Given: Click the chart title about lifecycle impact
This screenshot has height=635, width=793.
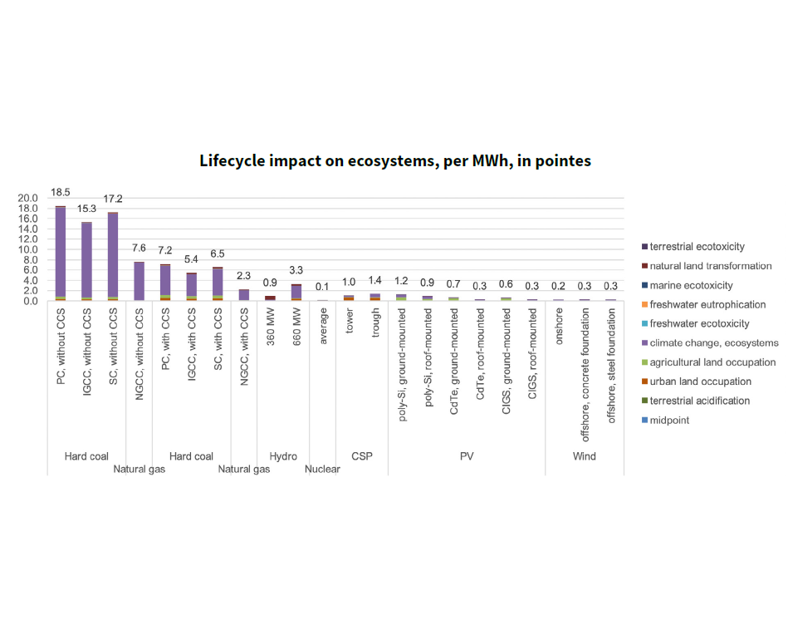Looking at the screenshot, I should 395,161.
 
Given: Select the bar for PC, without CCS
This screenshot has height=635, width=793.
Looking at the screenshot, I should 61,249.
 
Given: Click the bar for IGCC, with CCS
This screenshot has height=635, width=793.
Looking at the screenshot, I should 191,286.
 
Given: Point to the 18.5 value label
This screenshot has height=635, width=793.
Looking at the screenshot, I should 61,192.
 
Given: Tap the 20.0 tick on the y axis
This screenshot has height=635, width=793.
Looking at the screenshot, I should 29,198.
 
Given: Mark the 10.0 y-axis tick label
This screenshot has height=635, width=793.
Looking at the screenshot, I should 29,249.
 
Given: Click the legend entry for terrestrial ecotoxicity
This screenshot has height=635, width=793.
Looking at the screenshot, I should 698,247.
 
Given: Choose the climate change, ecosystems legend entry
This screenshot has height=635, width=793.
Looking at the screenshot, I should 714,343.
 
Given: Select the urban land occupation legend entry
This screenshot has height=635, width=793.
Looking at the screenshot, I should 701,381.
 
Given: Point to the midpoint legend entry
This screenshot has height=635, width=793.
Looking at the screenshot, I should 669,421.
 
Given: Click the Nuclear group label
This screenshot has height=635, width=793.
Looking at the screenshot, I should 322,470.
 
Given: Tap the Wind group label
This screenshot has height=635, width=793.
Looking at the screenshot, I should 585,456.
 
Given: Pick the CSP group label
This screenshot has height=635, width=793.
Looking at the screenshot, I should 362,456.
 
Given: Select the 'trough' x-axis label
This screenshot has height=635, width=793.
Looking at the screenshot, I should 375,324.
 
